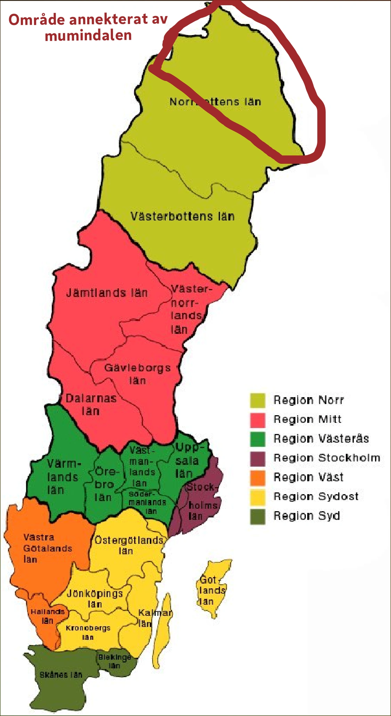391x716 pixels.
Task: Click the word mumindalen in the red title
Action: click(x=88, y=35)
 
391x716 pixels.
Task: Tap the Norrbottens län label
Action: click(x=215, y=102)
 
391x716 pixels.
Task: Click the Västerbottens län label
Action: click(x=182, y=216)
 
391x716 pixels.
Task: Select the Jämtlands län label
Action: click(x=107, y=293)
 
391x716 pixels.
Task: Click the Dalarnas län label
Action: click(x=91, y=404)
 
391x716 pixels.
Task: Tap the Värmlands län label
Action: click(x=63, y=477)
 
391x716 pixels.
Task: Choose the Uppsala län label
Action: click(x=187, y=460)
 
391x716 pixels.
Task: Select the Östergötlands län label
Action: click(x=129, y=545)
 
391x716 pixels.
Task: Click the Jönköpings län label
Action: click(x=95, y=598)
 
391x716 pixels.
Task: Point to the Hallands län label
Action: click(x=48, y=616)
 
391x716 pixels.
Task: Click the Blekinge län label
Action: click(x=115, y=661)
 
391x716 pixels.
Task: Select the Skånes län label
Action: click(x=61, y=675)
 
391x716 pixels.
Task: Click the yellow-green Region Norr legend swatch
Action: click(x=258, y=400)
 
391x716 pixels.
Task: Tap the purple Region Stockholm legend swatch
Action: click(x=258, y=458)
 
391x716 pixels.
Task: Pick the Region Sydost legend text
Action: click(x=316, y=496)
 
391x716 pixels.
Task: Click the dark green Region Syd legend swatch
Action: click(x=258, y=516)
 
